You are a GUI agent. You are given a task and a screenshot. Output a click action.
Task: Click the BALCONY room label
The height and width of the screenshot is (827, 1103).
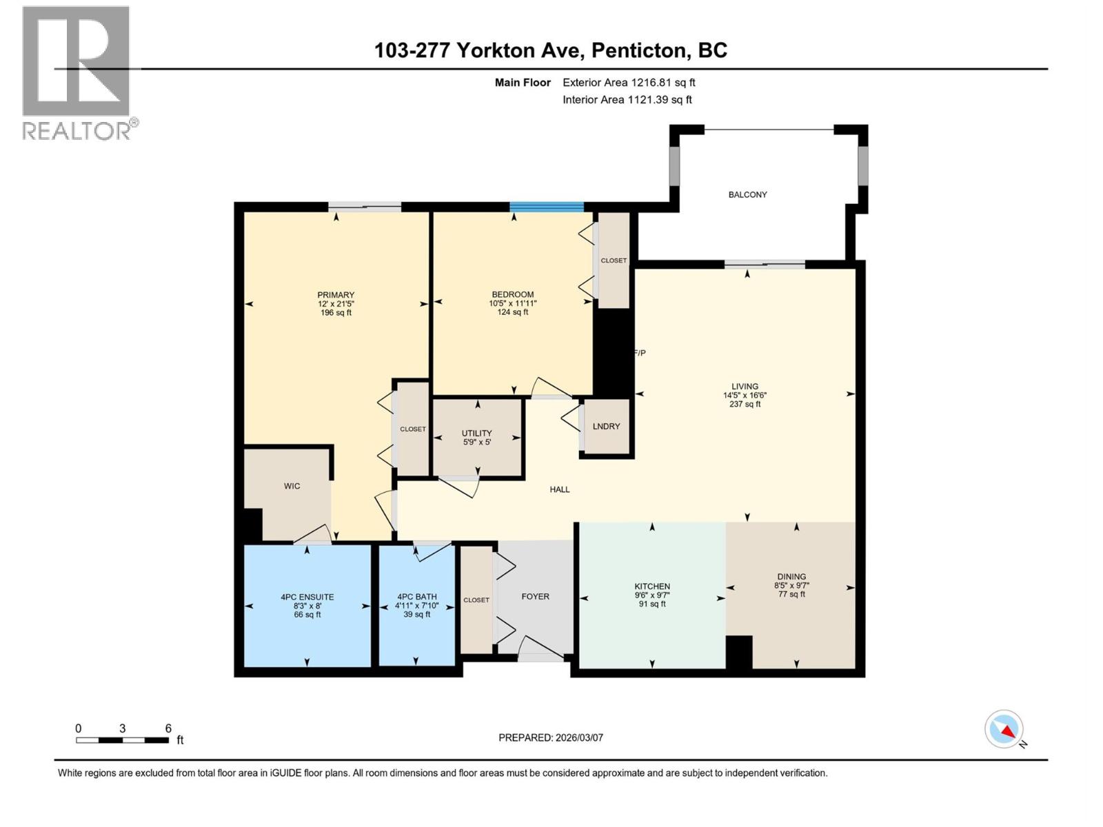(x=747, y=195)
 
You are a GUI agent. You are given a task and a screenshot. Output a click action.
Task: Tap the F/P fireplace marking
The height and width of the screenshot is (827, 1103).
(x=640, y=353)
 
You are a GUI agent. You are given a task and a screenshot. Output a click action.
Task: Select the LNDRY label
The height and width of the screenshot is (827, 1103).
(x=606, y=427)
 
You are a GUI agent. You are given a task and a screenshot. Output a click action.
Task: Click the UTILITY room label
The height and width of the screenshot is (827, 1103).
(x=476, y=433)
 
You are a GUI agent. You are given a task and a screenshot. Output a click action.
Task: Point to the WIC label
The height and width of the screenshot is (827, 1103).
(x=292, y=486)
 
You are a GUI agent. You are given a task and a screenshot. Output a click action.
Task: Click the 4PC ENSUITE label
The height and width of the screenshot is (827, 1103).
(x=307, y=598)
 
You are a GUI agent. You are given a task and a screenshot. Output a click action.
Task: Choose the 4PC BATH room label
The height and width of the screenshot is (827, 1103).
(x=416, y=598)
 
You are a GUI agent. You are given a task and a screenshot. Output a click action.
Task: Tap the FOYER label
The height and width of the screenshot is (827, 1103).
(x=535, y=597)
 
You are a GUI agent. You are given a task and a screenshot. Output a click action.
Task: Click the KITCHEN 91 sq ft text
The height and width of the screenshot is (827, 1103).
(x=652, y=604)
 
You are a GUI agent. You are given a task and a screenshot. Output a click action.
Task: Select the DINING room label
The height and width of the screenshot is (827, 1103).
(x=791, y=577)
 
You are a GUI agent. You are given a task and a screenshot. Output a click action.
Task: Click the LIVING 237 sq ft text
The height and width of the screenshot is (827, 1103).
(x=745, y=405)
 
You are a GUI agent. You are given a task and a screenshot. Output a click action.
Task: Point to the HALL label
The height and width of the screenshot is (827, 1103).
(x=560, y=489)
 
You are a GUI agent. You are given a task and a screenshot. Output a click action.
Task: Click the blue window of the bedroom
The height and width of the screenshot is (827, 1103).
(x=547, y=206)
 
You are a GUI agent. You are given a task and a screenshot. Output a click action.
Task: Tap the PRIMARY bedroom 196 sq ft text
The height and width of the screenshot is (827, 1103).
(x=336, y=313)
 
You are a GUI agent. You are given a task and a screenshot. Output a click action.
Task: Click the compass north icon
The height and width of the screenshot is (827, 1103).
(x=1004, y=729)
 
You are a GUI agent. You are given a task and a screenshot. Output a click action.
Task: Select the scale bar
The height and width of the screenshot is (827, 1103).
(x=123, y=740)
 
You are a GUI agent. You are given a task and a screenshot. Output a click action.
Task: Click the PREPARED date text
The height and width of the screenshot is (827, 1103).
(x=551, y=737)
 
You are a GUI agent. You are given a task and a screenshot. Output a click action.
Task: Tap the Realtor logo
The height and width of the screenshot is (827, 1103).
(x=76, y=72)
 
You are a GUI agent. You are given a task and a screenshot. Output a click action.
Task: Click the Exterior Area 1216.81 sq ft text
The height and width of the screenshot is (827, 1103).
(x=629, y=83)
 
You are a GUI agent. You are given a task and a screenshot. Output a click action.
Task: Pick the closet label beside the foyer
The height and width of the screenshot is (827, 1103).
(x=476, y=600)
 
